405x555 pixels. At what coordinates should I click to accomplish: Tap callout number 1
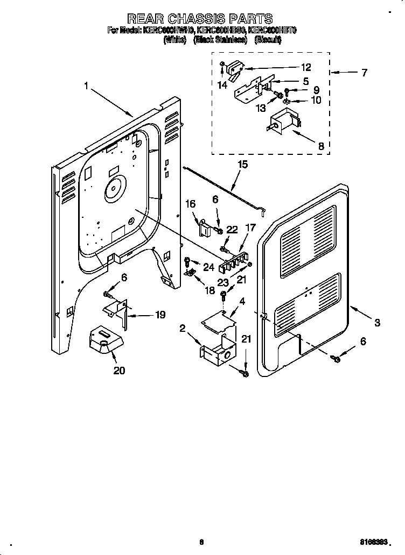86,86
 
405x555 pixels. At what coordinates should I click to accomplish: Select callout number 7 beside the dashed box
364,73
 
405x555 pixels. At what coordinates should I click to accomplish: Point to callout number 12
306,67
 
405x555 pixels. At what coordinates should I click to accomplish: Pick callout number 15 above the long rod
243,165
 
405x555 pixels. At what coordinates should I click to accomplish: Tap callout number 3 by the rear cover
377,323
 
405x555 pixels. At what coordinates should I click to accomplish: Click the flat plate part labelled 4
220,320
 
